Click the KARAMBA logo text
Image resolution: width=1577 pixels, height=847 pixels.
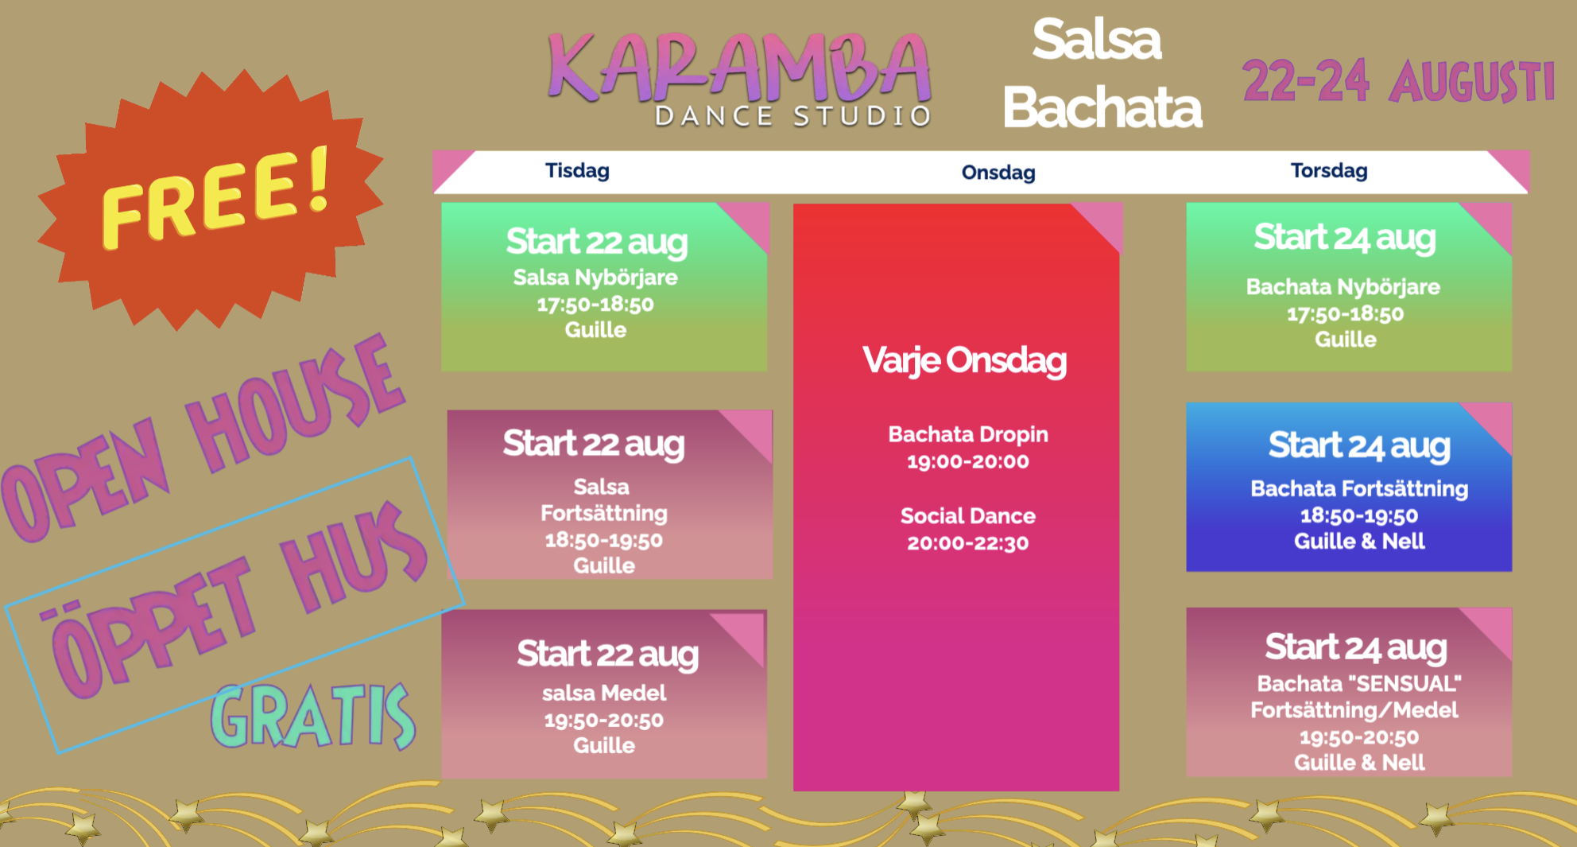(x=739, y=68)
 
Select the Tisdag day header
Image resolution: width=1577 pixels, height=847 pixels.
(x=577, y=171)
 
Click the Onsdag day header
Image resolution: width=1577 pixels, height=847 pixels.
(x=998, y=173)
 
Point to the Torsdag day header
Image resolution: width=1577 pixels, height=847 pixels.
(x=1329, y=171)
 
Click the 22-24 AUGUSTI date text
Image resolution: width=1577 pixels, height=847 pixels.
(x=1398, y=82)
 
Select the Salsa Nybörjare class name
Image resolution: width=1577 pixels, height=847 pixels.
(x=595, y=278)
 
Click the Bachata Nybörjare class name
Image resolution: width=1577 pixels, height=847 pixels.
(x=1343, y=287)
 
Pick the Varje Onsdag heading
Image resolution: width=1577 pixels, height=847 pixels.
(x=964, y=360)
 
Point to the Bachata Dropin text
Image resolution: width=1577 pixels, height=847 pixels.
(x=967, y=434)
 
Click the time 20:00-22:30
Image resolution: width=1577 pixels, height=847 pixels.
(x=967, y=543)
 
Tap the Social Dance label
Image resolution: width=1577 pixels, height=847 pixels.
(x=967, y=516)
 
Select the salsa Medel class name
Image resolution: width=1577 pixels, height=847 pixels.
(x=604, y=694)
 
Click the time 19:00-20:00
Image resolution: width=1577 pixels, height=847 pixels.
(x=967, y=461)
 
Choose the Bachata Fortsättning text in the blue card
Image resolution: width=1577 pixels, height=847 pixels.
(x=1359, y=488)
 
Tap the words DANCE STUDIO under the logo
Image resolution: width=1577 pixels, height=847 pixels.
(x=792, y=117)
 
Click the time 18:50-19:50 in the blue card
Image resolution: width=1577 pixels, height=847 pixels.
(x=1359, y=515)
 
